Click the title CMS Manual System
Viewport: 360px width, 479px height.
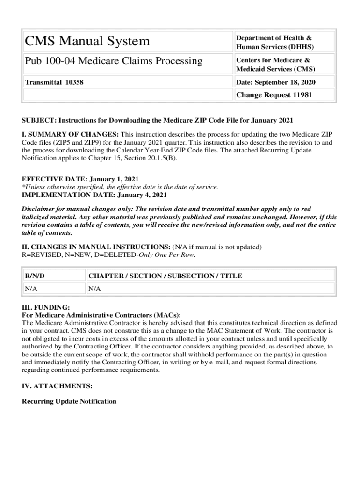pyautogui.click(x=87, y=41)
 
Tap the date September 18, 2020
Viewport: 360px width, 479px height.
pyautogui.click(x=276, y=82)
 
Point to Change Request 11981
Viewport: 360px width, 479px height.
pyautogui.click(x=274, y=95)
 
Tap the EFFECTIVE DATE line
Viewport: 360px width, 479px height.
pyautogui.click(x=80, y=179)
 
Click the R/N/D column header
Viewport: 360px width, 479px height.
pyautogui.click(x=35, y=276)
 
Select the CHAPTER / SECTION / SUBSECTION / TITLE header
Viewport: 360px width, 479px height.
pyautogui.click(x=165, y=276)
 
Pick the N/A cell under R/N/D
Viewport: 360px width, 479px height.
pyautogui.click(x=31, y=289)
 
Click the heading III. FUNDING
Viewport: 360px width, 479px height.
pyautogui.click(x=46, y=307)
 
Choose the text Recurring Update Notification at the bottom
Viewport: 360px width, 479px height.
pyautogui.click(x=69, y=401)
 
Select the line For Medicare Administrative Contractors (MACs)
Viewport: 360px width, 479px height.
pyautogui.click(x=101, y=315)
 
